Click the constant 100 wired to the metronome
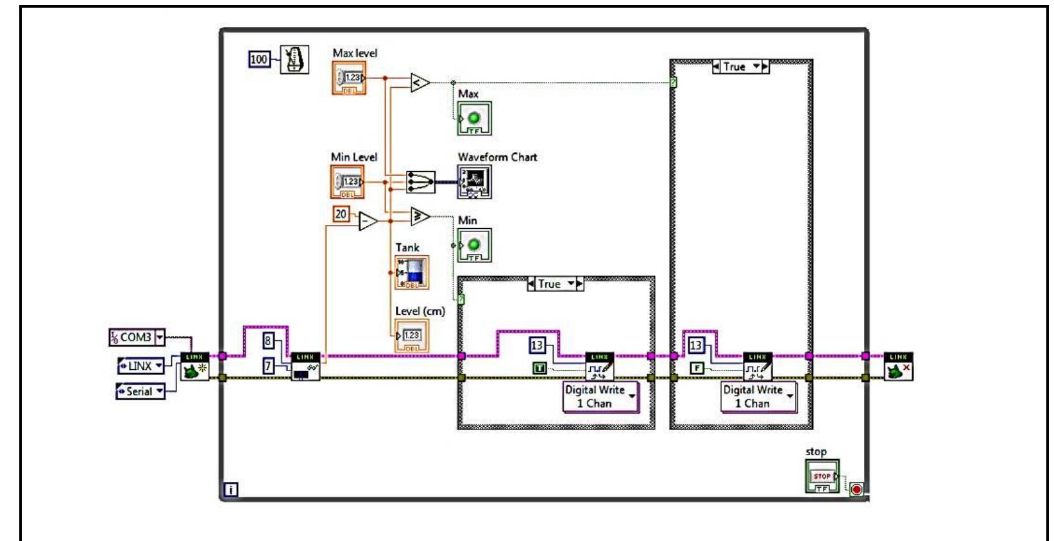click(x=259, y=60)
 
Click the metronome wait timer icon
click(x=294, y=60)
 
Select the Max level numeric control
click(x=349, y=78)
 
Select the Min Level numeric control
click(x=347, y=182)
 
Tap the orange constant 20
click(x=341, y=214)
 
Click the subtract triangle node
click(x=368, y=222)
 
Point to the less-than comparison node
click(x=420, y=83)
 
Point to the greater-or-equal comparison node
click(x=420, y=217)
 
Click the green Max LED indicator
click(x=475, y=119)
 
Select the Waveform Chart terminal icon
click(x=475, y=182)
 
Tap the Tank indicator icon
click(x=412, y=272)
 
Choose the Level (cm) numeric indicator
click(x=411, y=336)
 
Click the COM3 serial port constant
click(x=137, y=337)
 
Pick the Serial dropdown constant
click(x=140, y=391)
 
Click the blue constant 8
click(x=268, y=340)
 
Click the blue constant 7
click(x=268, y=366)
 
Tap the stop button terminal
click(x=822, y=476)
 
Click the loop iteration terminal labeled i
click(x=231, y=490)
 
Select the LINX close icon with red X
click(x=898, y=367)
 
